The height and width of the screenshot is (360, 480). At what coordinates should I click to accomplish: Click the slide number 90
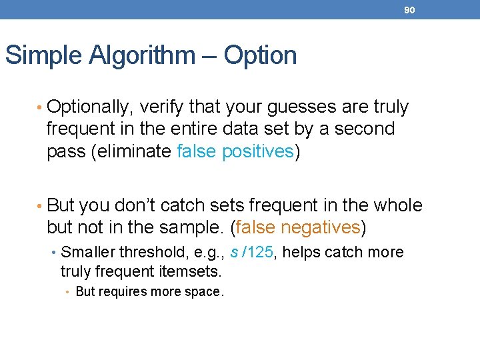pos(409,10)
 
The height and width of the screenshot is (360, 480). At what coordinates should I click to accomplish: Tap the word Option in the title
pos(260,55)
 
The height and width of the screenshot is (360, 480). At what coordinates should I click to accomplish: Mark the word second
pos(366,129)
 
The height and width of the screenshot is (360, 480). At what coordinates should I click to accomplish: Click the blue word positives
pos(257,151)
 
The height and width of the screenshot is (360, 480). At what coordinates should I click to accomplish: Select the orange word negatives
pos(320,227)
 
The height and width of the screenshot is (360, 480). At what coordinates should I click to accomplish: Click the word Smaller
pos(87,253)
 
